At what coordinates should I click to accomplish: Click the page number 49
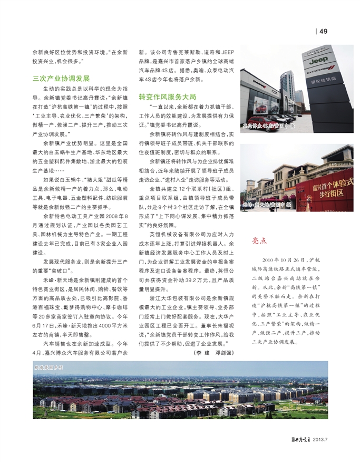pos(324,31)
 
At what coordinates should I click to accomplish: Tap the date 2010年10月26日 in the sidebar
pos(282,260)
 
